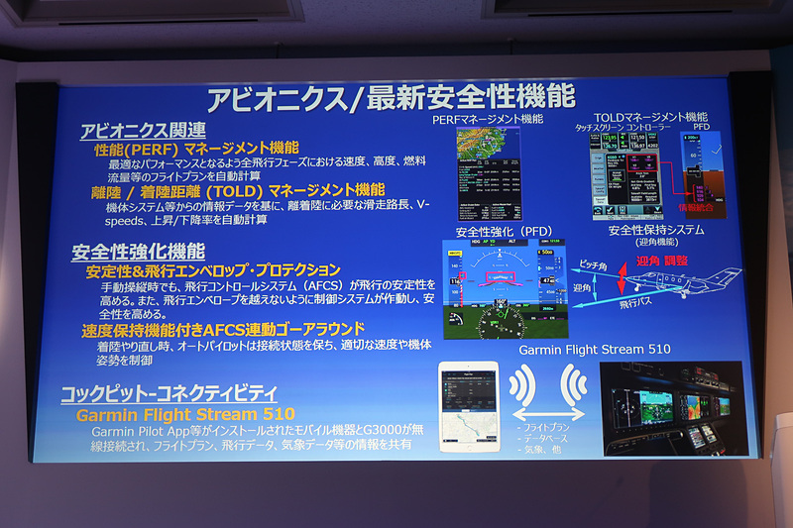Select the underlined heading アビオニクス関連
click(144, 130)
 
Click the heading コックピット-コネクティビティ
click(169, 392)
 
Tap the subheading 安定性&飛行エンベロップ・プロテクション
click(213, 269)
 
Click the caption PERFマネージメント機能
click(488, 119)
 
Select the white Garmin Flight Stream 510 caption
click(595, 349)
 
